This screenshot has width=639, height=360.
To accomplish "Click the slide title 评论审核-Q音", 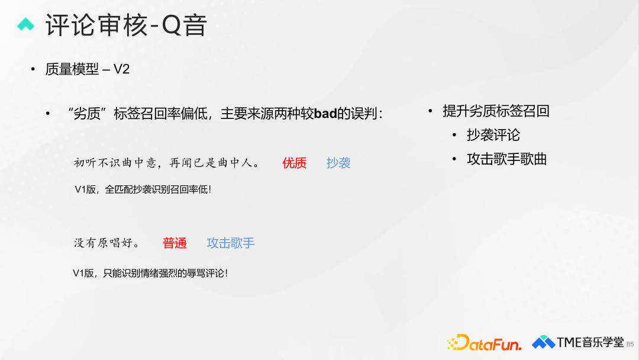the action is pos(126,25).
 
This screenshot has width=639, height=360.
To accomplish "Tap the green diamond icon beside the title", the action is pos(25,24).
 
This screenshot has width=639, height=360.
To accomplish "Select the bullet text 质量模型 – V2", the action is pos(87,69).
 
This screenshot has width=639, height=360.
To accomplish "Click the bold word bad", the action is pos(325,113).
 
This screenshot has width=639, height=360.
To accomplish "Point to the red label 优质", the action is pos(294,163).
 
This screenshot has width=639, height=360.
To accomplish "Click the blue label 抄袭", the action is pos(338,163).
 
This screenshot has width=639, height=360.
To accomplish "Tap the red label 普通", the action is pos(175,243).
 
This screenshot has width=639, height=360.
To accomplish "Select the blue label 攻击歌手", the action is pos(231,243).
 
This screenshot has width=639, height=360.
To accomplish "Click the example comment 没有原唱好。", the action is pos(106,243).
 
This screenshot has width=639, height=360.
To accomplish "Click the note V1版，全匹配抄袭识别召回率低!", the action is pos(143,189).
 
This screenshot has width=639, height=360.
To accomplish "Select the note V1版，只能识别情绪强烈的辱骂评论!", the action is pos(150,273).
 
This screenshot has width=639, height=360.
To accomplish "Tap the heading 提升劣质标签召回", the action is pos(496,111).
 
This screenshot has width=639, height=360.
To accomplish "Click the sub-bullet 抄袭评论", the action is pos(493,135).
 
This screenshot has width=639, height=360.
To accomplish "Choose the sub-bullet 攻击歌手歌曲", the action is pos(506,159).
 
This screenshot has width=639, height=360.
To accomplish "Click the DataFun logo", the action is pos(484,342).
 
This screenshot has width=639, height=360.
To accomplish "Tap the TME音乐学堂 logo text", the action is pos(590,342).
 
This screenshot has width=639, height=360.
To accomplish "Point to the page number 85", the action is pos(630,345).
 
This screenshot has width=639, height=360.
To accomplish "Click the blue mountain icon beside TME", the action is pos(543,342).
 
